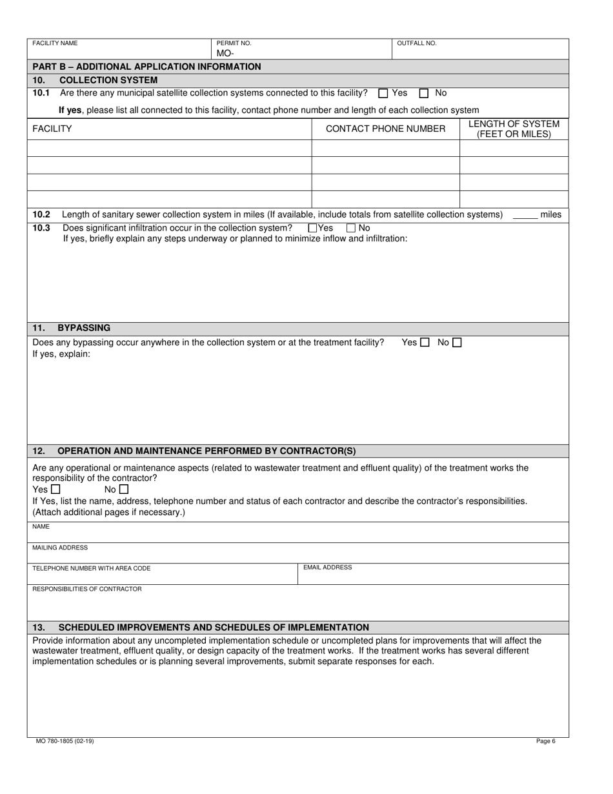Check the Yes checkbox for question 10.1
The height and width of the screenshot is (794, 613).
coord(383,93)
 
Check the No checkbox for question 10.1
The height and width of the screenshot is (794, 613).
coord(424,93)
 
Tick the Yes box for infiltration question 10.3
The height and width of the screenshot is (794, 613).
coord(313,228)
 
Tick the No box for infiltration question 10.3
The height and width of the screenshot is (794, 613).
coord(351,228)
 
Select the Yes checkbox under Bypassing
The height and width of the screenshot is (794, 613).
coord(425,343)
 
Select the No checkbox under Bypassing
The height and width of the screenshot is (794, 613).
coord(457,343)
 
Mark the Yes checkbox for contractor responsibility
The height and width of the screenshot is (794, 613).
coord(55,489)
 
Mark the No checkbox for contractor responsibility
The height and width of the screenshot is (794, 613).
coord(124,489)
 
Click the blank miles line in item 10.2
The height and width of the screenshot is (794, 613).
coord(525,215)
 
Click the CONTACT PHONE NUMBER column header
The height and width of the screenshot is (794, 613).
coord(385,129)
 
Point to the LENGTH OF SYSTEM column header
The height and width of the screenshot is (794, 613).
coord(514,129)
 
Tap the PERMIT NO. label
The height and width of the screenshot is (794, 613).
coord(234,43)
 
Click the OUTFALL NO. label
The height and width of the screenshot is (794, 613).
coord(416,43)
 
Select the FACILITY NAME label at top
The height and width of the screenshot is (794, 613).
coord(55,43)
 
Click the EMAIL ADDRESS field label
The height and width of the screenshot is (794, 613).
coord(327,567)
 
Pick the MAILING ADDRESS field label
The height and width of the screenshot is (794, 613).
coord(60,547)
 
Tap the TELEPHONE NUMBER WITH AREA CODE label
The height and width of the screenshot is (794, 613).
coord(91,568)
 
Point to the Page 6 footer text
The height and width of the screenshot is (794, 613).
coord(545,741)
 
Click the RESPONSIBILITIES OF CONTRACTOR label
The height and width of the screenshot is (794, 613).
coord(86,589)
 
